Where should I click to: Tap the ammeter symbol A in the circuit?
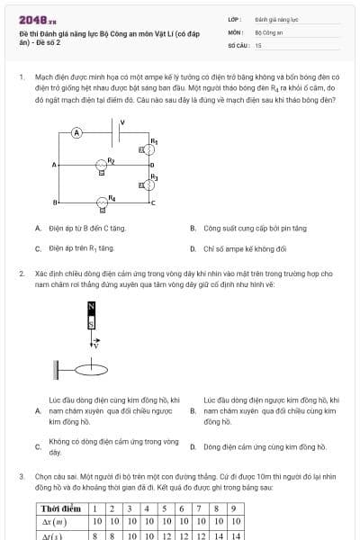pos(77,131)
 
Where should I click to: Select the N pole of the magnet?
pos(91,308)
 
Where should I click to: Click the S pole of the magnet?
pos(91,322)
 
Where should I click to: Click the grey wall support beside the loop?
pos(58,368)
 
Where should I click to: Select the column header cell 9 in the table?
pos(233,508)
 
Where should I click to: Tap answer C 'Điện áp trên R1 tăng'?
pos(80,247)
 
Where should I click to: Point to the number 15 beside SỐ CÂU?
pos(258,44)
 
